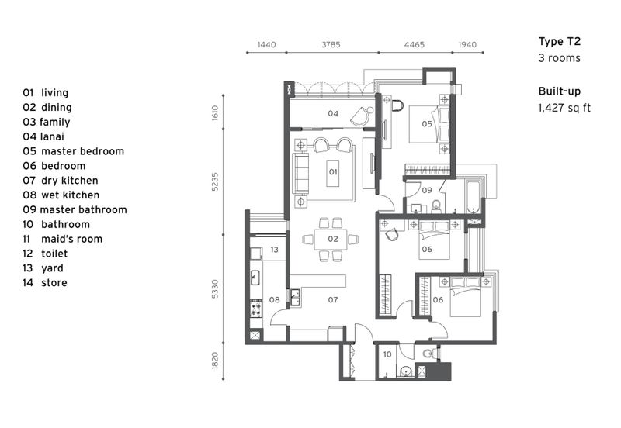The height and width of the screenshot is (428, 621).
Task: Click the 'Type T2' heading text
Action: pos(559,42)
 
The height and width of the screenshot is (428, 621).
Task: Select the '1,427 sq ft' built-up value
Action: pos(564,108)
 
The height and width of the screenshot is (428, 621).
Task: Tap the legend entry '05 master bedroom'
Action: pos(73,151)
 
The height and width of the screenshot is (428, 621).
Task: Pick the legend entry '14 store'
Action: pos(44,283)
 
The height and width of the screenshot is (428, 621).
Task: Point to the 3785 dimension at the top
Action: pos(331,46)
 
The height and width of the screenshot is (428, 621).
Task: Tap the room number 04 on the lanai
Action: pos(332,114)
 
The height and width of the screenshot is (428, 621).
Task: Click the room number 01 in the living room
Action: pos(332,171)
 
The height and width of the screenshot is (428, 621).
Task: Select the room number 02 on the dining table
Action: pos(332,239)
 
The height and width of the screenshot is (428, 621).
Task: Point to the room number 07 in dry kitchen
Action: pos(332,299)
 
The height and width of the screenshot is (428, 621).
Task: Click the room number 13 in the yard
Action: pos(274,250)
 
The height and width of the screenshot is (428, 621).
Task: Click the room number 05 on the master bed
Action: pos(427,123)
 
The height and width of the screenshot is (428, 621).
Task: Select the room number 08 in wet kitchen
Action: pos(274,299)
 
